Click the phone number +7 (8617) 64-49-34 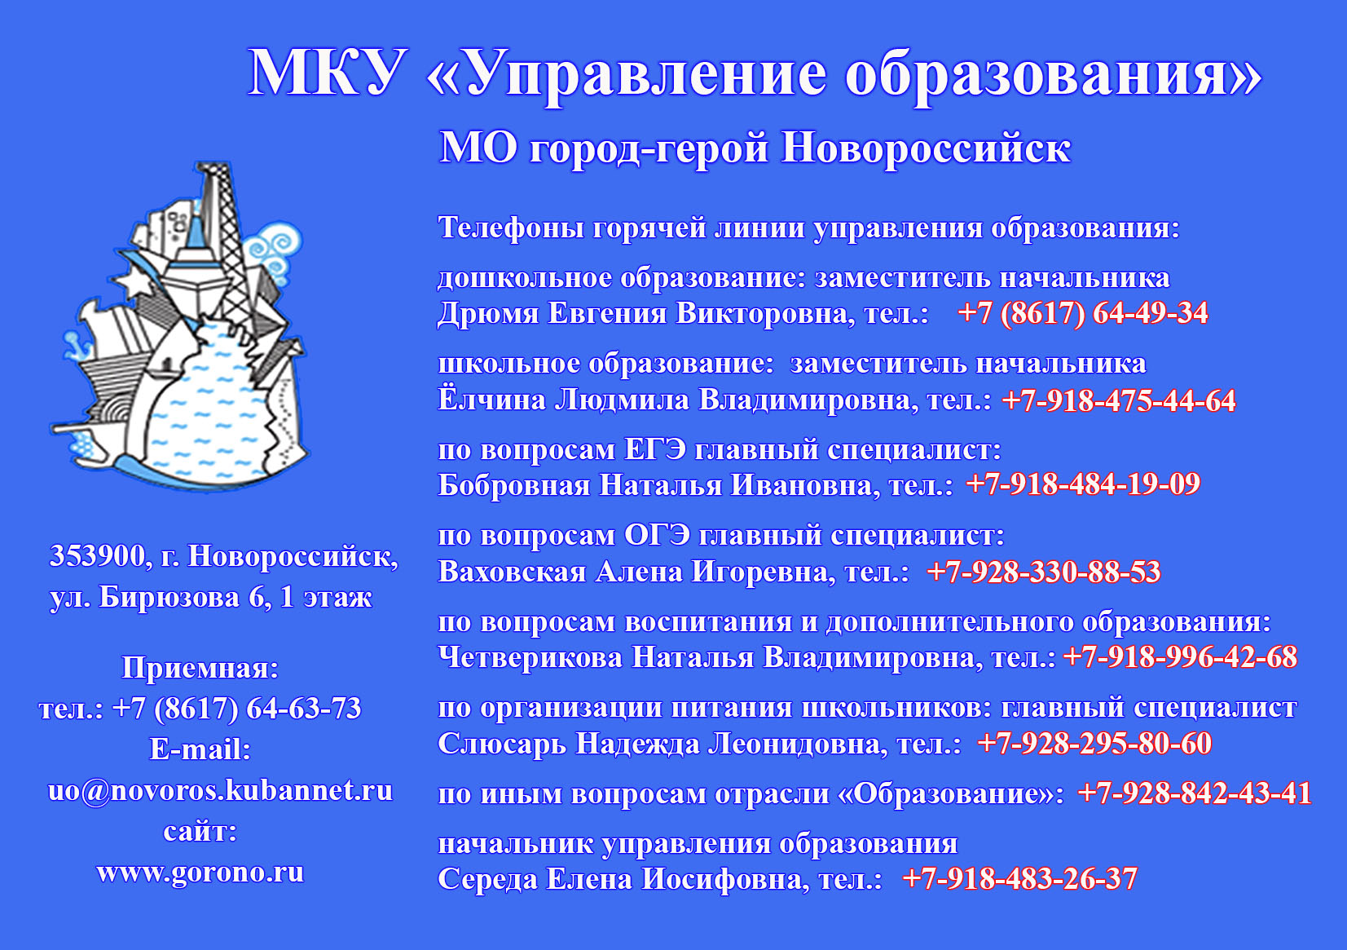pos(1083,313)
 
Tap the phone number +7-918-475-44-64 pos(1119,400)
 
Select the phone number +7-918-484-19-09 pos(1083,484)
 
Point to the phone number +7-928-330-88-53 pos(1044,572)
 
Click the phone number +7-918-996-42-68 pos(1181,657)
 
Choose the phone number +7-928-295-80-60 pos(1094,744)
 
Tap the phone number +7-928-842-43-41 pos(1195,793)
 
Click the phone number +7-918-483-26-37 pos(1020,878)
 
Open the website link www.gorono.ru pos(200,873)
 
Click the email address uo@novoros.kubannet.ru pos(220,790)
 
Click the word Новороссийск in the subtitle pos(926,148)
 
